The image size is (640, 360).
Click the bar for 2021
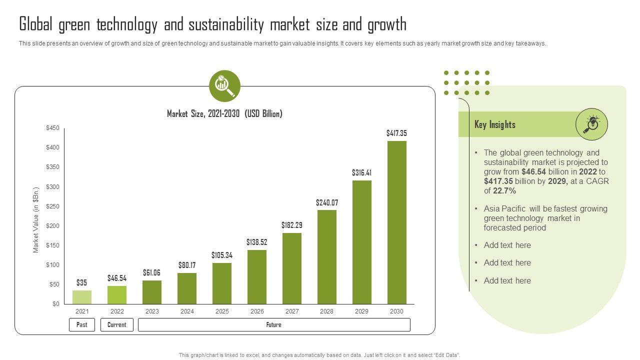82,297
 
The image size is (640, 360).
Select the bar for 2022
117,295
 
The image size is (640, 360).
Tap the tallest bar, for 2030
396,222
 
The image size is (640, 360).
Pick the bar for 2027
292,268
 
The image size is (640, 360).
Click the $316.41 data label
361,173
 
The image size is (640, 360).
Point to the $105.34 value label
222,255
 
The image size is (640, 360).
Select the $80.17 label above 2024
187,265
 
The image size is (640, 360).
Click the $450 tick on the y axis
52,128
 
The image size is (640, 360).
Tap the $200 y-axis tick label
52,226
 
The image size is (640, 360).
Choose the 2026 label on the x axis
257,311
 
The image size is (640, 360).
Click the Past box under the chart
82,325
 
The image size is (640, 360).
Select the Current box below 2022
117,325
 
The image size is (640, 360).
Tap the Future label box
274,325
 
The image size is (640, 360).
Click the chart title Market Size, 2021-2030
224,114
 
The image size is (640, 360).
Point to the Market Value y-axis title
36,220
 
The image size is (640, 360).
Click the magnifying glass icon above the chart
224,86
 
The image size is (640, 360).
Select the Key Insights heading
495,124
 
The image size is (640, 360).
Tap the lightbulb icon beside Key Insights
591,124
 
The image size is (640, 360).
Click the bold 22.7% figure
504,191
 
